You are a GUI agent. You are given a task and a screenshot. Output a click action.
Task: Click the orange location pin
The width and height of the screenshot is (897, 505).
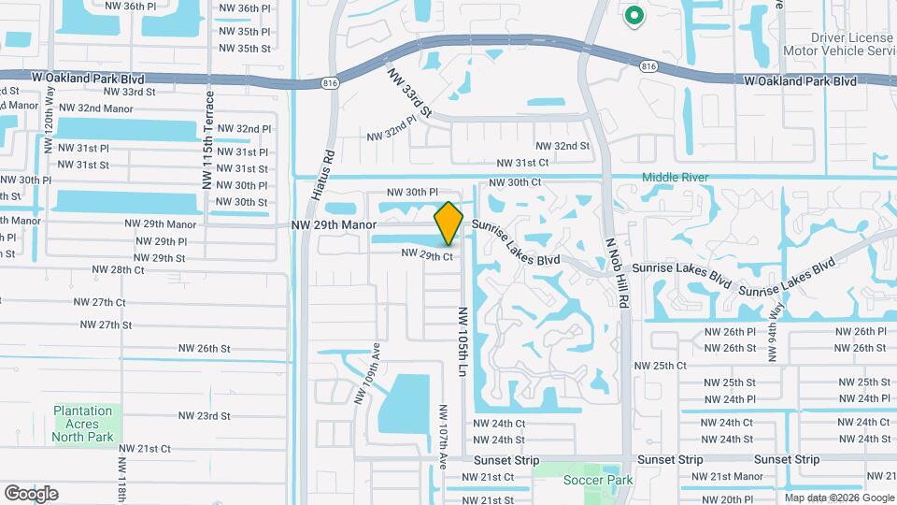point(448,224)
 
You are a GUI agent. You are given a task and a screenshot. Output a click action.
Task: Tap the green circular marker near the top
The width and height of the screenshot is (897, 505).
point(634,16)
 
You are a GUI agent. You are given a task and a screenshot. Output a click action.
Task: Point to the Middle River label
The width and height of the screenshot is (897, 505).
point(675,178)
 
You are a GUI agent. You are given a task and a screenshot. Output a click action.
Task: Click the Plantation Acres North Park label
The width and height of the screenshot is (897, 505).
point(82,424)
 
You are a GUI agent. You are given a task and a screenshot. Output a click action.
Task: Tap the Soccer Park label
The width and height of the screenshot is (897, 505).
point(598,481)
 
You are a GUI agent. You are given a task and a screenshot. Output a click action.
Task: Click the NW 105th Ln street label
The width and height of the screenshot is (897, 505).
point(461,340)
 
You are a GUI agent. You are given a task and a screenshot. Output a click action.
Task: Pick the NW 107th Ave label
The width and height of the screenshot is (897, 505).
point(444,436)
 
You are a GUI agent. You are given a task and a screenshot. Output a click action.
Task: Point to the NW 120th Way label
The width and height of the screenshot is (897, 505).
point(50,121)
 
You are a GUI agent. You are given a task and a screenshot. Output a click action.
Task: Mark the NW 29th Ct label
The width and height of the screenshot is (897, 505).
point(427,254)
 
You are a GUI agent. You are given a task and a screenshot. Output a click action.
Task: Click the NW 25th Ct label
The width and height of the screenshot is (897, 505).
point(660,366)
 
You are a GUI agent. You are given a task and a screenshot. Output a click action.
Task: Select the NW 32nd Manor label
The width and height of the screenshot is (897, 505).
point(93,108)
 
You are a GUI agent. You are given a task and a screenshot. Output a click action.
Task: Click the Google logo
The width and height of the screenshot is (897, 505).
point(31,493)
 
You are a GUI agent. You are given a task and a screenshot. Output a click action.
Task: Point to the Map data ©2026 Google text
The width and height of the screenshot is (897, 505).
point(839,498)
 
